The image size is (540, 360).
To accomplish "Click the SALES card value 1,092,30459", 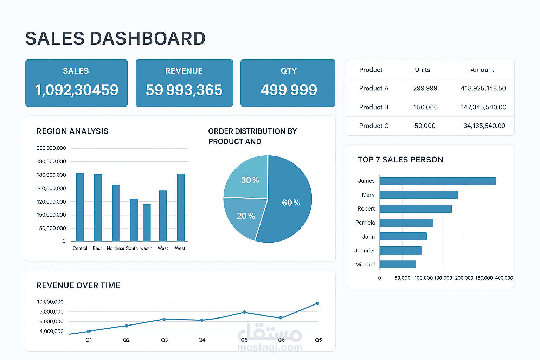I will pyautogui.click(x=77, y=90).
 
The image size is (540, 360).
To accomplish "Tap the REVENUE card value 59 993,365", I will pyautogui.click(x=184, y=90).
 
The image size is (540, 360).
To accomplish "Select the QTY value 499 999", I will pyautogui.click(x=289, y=90).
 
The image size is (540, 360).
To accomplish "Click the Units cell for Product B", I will pyautogui.click(x=425, y=107).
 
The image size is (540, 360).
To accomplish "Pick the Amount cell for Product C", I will pyautogui.click(x=484, y=126).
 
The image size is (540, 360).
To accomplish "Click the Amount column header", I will pyautogui.click(x=482, y=70).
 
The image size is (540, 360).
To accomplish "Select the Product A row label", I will pyautogui.click(x=374, y=88).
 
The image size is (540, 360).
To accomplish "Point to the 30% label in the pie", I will pyautogui.click(x=250, y=180).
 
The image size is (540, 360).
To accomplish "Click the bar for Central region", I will pyautogui.click(x=80, y=207).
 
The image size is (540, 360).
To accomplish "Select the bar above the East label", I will pyautogui.click(x=98, y=207).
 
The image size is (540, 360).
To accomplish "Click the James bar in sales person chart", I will pyautogui.click(x=437, y=181).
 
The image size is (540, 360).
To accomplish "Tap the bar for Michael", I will pyautogui.click(x=398, y=264).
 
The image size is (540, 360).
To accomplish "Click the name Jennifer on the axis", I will pyautogui.click(x=365, y=251).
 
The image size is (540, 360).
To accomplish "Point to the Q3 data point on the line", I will pyautogui.click(x=164, y=319).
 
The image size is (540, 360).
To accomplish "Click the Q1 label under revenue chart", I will pyautogui.click(x=89, y=340).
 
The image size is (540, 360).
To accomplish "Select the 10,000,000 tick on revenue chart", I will pyautogui.click(x=50, y=302).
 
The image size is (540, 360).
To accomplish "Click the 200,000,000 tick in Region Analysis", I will pyautogui.click(x=51, y=148).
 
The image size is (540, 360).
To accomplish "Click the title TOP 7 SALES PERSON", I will pyautogui.click(x=400, y=160).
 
